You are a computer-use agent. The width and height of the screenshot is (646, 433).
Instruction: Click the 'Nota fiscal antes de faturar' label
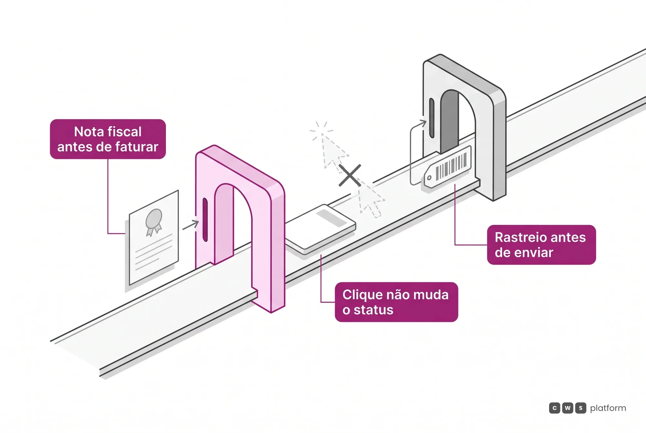coord(108,139)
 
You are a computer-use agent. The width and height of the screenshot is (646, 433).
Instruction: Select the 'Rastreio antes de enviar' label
coord(541,245)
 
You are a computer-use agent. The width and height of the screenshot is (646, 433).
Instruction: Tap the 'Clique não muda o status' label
coord(396,302)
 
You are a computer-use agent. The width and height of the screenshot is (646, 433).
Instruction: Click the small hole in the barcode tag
coord(429,178)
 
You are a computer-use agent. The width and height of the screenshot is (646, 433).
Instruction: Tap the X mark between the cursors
coord(350,176)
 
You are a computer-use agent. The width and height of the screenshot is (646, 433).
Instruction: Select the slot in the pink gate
coord(205,220)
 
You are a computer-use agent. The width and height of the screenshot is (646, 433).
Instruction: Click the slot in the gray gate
coord(432,118)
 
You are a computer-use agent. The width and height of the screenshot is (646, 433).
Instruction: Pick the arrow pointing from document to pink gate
coord(191,225)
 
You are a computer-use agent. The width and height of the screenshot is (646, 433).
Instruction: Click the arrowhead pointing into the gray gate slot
coord(423,124)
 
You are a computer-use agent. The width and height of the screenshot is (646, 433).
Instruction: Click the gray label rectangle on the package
coord(331,218)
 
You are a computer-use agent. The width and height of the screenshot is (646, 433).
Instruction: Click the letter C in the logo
coord(555,408)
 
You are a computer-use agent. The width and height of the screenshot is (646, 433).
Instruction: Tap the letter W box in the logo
coord(568,408)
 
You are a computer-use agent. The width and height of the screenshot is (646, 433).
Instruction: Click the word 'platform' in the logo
coord(608,408)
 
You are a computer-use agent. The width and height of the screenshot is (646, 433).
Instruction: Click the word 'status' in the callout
coord(373,310)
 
